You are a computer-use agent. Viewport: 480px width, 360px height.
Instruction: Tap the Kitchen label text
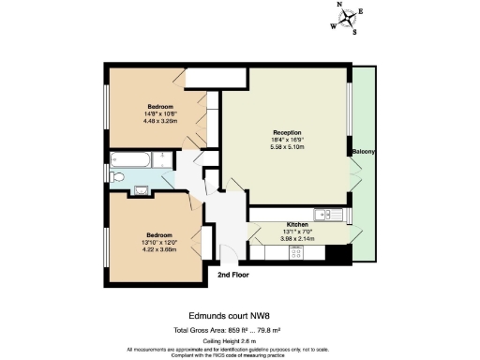(x=297, y=225)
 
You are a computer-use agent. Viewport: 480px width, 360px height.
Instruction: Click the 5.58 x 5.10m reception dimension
(x=288, y=146)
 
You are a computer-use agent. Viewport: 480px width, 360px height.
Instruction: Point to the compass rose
(x=348, y=17)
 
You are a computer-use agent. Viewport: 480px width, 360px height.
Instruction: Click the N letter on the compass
(x=339, y=5)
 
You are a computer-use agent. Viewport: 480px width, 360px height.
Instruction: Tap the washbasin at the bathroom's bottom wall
(x=142, y=191)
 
